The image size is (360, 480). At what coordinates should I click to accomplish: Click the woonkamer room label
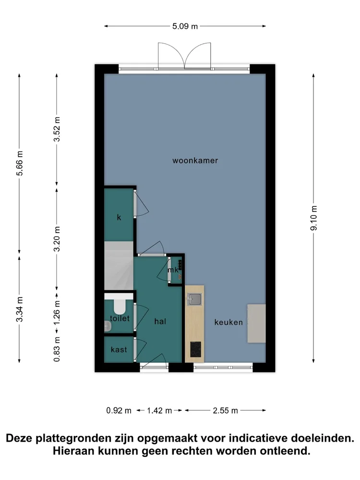pos(195,160)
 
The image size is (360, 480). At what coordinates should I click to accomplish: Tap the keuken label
pos(228,322)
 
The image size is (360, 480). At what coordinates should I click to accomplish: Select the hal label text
pos(160,321)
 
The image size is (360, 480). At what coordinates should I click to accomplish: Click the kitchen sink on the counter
pos(194,299)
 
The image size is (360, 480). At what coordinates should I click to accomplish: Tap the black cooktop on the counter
pos(196,349)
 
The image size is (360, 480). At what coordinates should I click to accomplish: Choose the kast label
pos(119,349)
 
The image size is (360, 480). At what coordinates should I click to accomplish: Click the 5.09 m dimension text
pos(185,26)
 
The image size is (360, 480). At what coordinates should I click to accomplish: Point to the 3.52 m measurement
pos(57,129)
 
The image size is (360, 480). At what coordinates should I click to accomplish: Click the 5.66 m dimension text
pos(20,164)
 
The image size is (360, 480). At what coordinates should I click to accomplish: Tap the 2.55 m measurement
pos(225,410)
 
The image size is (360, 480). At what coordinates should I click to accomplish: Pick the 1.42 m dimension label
pos(159,410)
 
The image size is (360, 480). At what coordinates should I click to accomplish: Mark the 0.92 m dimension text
pos(119,410)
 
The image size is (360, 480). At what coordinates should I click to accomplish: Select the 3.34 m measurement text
pos(20,310)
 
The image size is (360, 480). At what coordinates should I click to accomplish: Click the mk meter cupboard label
pos(173,270)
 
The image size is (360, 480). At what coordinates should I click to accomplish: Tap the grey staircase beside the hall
pos(119,265)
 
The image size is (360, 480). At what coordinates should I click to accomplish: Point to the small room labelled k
pos(119,215)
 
